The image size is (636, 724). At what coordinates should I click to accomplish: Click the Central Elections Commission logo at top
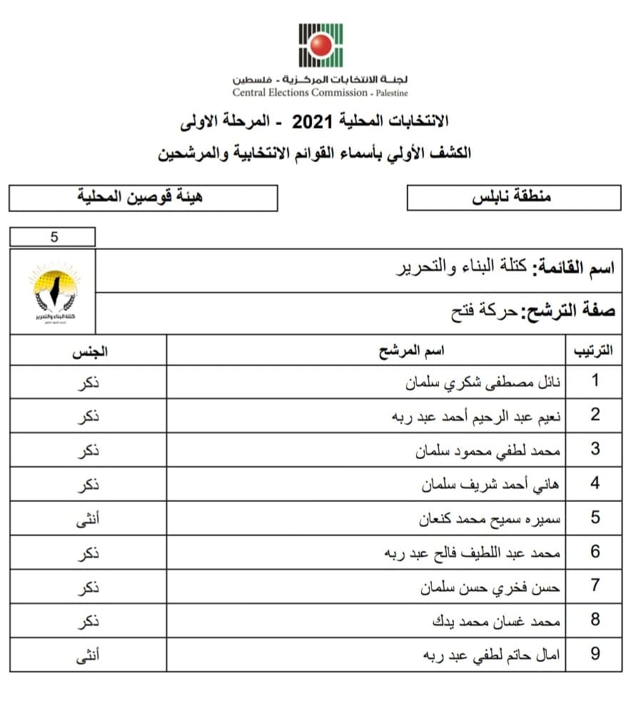point(320,45)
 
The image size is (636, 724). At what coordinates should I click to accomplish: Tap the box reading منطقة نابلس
point(513,197)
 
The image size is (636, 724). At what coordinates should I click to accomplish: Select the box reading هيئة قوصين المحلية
point(143,197)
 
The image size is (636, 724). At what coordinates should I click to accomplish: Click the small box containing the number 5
point(53,237)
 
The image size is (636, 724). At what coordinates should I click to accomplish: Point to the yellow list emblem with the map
point(54,291)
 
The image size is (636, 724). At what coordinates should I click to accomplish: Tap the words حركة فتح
point(476,312)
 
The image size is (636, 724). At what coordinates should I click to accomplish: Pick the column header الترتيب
point(592,351)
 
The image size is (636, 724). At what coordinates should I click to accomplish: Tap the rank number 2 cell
point(595,416)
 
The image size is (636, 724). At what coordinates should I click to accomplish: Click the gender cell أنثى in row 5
point(89,518)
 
